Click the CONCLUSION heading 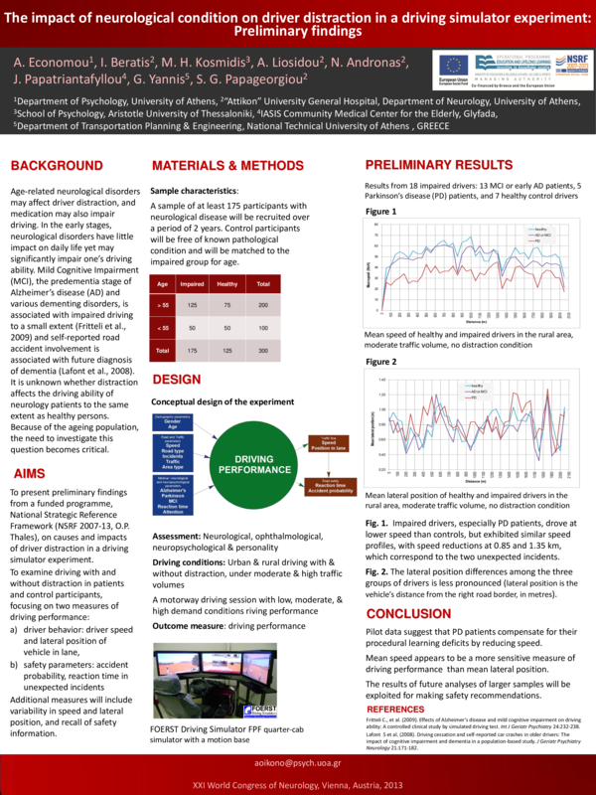pyautogui.click(x=408, y=614)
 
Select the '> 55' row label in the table pyautogui.click(x=163, y=304)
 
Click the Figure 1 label pyautogui.click(x=380, y=212)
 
